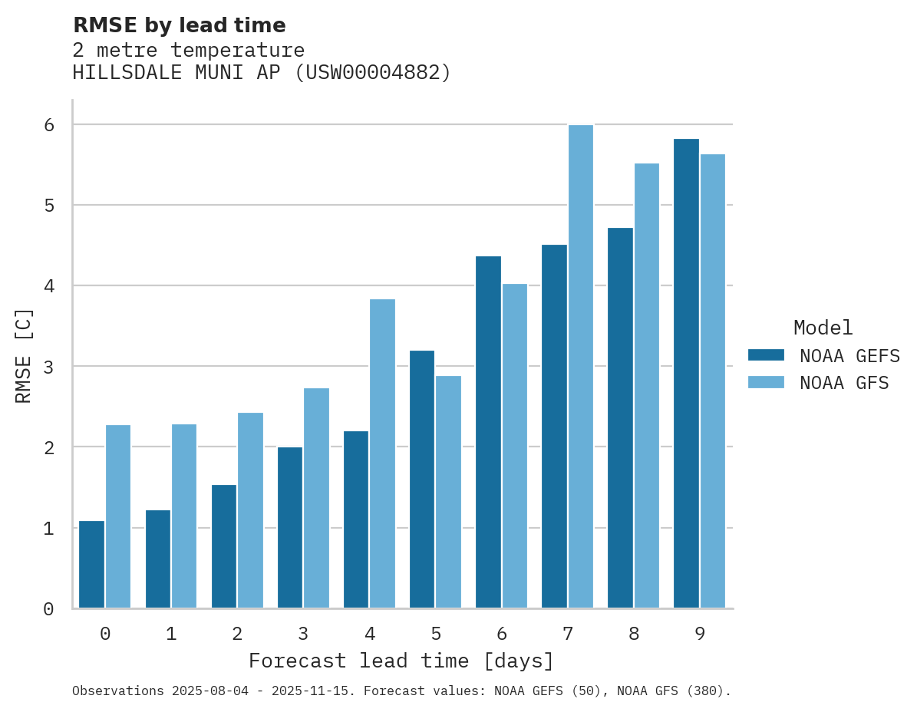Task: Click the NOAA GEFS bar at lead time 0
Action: click(91, 565)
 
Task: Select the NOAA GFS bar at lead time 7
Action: click(580, 367)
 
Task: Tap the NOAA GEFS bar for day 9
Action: click(686, 374)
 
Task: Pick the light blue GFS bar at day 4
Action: click(382, 453)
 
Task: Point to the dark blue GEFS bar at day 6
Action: click(488, 432)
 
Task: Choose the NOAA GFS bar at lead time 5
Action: click(448, 492)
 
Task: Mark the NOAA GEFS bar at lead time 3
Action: click(290, 528)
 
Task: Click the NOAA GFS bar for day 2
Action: click(250, 510)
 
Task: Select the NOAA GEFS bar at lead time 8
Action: click(620, 418)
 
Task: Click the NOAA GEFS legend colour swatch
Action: click(766, 355)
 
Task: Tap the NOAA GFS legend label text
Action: click(844, 383)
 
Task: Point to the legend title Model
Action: click(823, 328)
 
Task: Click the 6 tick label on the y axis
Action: click(48, 125)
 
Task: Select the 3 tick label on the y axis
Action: click(48, 367)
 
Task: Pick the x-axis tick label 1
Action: click(171, 634)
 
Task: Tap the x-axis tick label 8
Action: click(634, 634)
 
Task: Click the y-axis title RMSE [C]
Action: click(24, 355)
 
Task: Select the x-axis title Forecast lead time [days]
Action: click(401, 661)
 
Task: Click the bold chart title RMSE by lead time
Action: click(180, 25)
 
